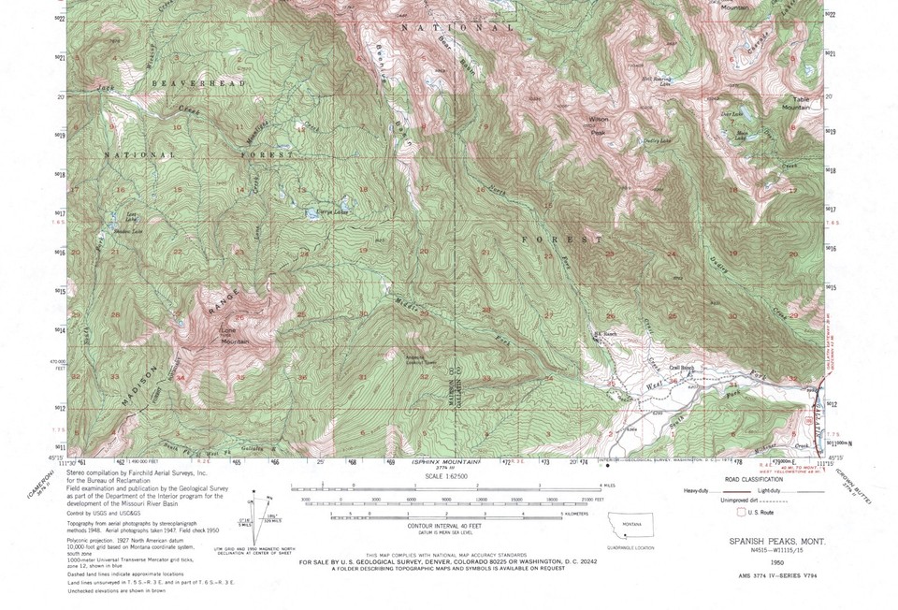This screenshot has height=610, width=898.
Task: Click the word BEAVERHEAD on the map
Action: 197,83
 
